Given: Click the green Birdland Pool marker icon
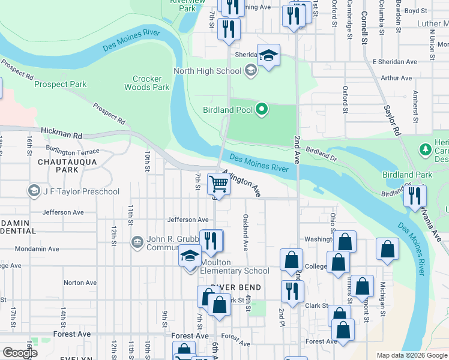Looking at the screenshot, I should (x=261, y=109).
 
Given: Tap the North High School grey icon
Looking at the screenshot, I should (x=250, y=71).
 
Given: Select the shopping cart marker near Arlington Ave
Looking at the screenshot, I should (x=219, y=185).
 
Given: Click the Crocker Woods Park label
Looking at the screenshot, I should (x=147, y=83).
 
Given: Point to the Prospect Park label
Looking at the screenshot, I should (x=61, y=85).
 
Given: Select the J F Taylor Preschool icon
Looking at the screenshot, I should (x=34, y=191).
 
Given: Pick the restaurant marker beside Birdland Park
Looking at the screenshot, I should (x=415, y=196).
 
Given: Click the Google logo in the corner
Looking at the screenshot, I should (x=20, y=353).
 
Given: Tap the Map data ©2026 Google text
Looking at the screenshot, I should (x=412, y=355).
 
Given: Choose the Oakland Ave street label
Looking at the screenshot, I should (x=246, y=232).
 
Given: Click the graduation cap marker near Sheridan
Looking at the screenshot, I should (x=268, y=56).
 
